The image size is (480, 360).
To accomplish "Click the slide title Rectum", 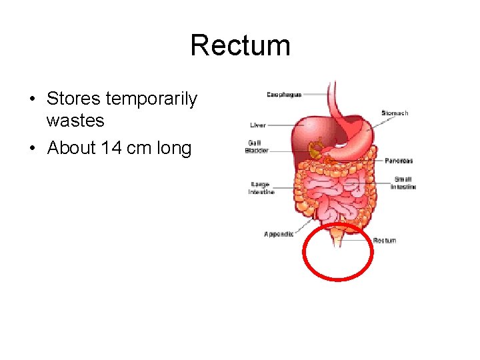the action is (240, 46).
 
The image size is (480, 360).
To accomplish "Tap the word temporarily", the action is (152, 99).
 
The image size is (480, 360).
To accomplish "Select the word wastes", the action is (75, 121).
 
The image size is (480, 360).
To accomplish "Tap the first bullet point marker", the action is (32, 100).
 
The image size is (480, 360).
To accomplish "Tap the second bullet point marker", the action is (32, 148).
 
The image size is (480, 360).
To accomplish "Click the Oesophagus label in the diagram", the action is (284, 95).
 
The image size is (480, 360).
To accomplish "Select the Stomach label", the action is (395, 113).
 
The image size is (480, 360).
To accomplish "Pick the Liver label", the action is (258, 125).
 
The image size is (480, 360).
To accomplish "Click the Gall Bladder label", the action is (257, 147).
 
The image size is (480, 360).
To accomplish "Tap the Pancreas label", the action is (399, 161).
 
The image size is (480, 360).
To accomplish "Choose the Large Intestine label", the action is (261, 188).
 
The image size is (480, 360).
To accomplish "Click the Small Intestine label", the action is (404, 183).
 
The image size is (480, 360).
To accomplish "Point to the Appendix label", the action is (279, 234).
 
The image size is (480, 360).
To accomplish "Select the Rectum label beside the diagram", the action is (385, 240).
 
